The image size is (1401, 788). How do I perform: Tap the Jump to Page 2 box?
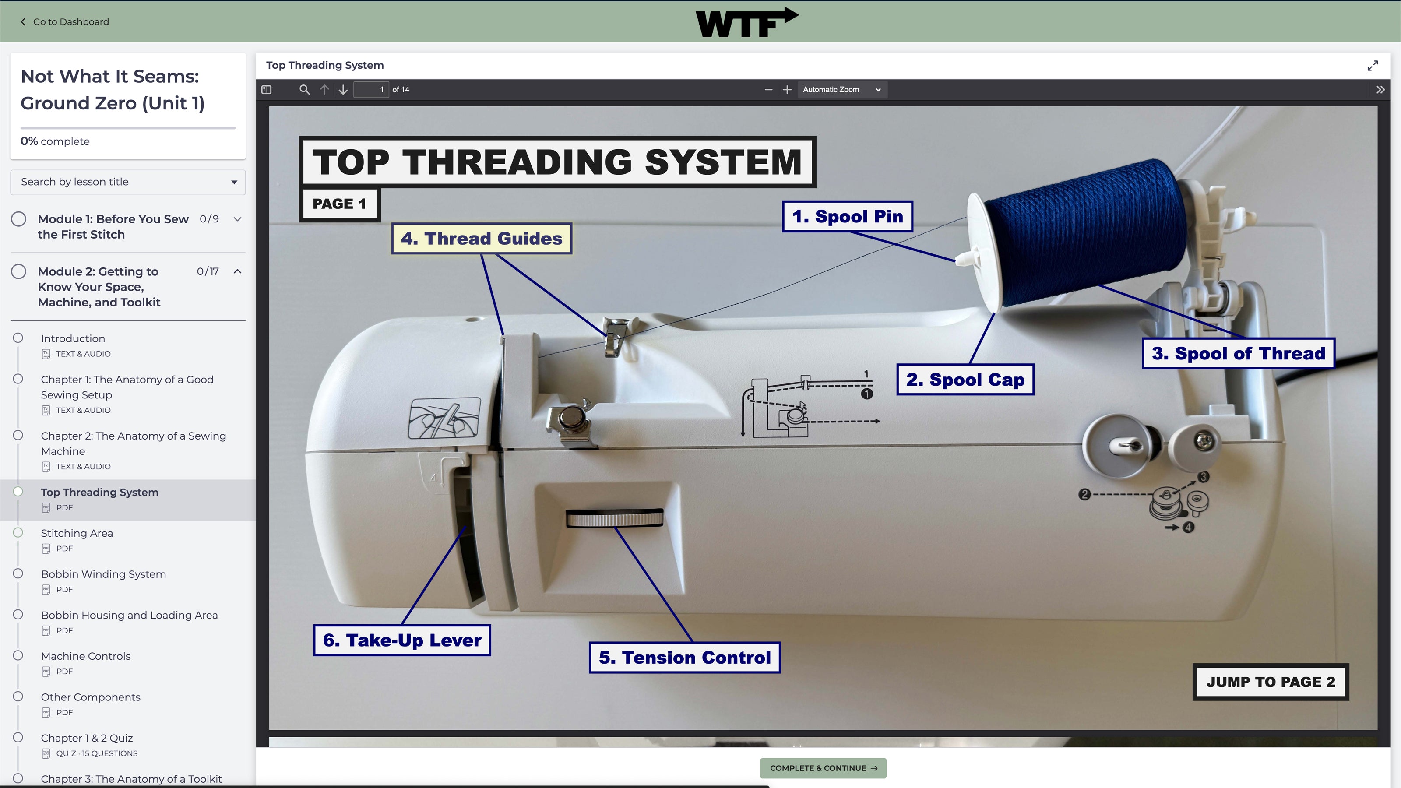pyautogui.click(x=1270, y=682)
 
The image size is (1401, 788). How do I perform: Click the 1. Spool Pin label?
pyautogui.click(x=847, y=216)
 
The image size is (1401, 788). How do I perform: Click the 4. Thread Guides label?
pyautogui.click(x=481, y=238)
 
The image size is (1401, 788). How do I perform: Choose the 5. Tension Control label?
pyautogui.click(x=684, y=658)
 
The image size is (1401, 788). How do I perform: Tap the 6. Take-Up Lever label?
pyautogui.click(x=402, y=640)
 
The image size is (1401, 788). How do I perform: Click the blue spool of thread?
pyautogui.click(x=1085, y=231)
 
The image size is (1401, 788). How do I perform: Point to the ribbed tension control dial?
pyautogui.click(x=614, y=518)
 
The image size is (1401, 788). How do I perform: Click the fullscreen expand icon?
pyautogui.click(x=1372, y=66)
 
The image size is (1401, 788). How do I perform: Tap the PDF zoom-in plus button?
pyautogui.click(x=786, y=90)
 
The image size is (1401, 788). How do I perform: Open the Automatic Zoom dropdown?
pyautogui.click(x=841, y=90)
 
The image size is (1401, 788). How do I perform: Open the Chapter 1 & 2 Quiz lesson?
pyautogui.click(x=87, y=738)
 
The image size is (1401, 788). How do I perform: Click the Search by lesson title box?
pyautogui.click(x=128, y=182)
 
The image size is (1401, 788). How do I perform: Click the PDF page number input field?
pyautogui.click(x=371, y=90)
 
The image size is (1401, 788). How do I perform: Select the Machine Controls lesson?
pyautogui.click(x=85, y=656)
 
